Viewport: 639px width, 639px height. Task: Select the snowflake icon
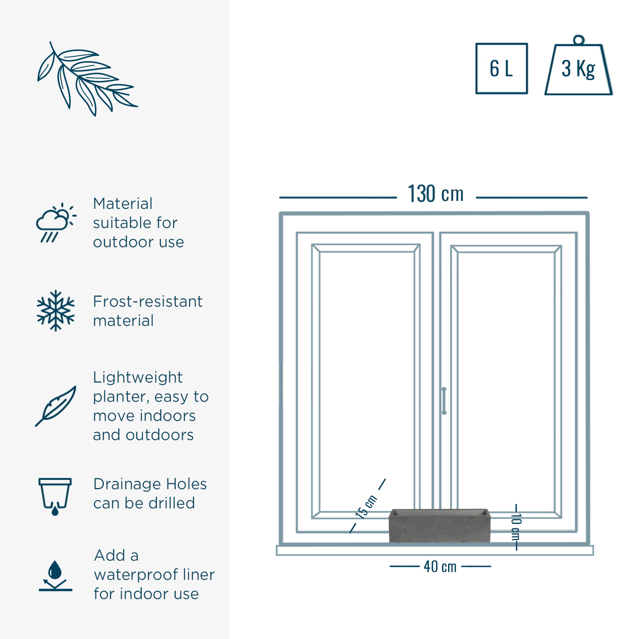[x=56, y=311]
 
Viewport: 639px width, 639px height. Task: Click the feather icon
[x=56, y=406]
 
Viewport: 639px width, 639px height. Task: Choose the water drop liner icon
[x=56, y=575]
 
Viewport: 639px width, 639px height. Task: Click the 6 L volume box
[x=502, y=68]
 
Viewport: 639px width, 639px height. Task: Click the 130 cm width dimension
[x=435, y=194]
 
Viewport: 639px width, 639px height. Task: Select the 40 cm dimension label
[x=440, y=566]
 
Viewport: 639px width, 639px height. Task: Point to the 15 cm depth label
[x=366, y=507]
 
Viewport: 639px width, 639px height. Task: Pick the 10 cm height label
[x=516, y=527]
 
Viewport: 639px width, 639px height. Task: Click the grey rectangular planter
[x=439, y=526]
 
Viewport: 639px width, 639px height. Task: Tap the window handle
[x=444, y=401]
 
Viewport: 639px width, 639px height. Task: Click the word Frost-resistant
[x=148, y=302]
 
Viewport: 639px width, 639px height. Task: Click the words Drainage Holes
[x=150, y=484]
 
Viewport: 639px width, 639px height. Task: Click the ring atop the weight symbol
[x=579, y=40]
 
